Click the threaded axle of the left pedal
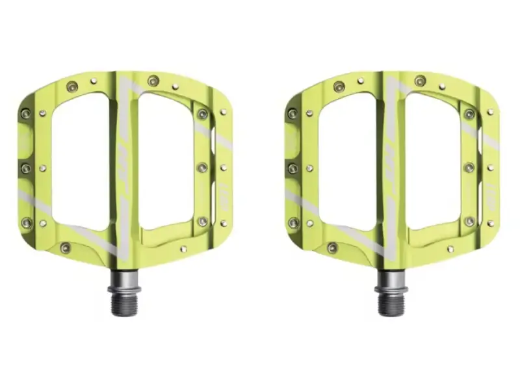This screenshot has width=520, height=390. pyautogui.click(x=123, y=302)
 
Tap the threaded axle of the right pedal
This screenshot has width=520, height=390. pyautogui.click(x=391, y=302)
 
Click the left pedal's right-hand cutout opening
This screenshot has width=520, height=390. pyautogui.click(x=166, y=159)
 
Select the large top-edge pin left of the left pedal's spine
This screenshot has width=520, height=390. pyautogui.click(x=72, y=86)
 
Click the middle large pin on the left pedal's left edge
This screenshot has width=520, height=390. pyautogui.click(x=26, y=168)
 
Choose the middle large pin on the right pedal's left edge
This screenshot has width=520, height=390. pyautogui.click(x=293, y=168)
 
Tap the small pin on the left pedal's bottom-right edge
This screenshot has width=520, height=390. pyautogui.click(x=183, y=248)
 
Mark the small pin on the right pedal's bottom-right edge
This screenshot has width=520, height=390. pyautogui.click(x=450, y=248)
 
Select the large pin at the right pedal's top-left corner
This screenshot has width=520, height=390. pyautogui.click(x=292, y=114)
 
